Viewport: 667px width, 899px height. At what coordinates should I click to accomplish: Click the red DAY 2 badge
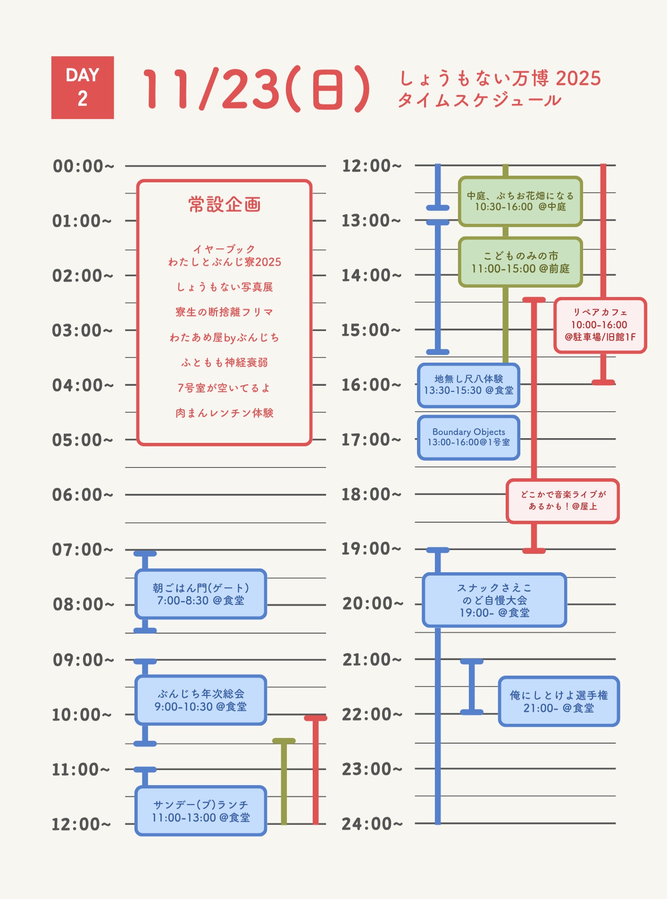pyautogui.click(x=83, y=87)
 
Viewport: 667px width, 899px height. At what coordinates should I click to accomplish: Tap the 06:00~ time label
pyautogui.click(x=83, y=495)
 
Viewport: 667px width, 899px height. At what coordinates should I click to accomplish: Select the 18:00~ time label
pyautogui.click(x=371, y=494)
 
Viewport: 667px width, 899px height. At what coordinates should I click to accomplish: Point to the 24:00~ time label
pyautogui.click(x=372, y=824)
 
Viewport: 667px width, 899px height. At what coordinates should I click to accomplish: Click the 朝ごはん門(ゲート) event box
pyautogui.click(x=200, y=594)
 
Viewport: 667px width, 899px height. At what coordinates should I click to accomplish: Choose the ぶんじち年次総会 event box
pyautogui.click(x=200, y=700)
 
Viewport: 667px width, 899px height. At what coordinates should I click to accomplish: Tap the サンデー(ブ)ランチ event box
pyautogui.click(x=200, y=811)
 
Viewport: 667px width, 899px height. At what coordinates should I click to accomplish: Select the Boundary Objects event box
pyautogui.click(x=468, y=437)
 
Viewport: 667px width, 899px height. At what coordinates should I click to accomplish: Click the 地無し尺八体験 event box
pyautogui.click(x=468, y=385)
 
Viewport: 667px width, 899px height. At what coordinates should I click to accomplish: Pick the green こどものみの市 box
pyautogui.click(x=520, y=262)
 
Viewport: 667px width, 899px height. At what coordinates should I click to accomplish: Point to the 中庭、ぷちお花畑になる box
pyautogui.click(x=520, y=201)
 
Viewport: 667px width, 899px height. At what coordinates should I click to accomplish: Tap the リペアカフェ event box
pyautogui.click(x=600, y=325)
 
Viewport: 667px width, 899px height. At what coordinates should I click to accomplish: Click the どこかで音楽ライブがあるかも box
pyautogui.click(x=562, y=500)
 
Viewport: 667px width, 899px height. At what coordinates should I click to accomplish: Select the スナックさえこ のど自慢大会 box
pyautogui.click(x=494, y=600)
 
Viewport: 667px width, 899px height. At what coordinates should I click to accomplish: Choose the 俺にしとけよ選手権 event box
pyautogui.click(x=559, y=701)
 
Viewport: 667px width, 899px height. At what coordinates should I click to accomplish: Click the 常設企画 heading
pyautogui.click(x=225, y=204)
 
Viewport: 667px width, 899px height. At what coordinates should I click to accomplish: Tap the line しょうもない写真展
pyautogui.click(x=225, y=287)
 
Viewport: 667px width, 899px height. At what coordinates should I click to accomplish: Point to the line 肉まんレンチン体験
pyautogui.click(x=225, y=413)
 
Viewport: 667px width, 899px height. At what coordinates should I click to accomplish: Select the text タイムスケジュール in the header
pyautogui.click(x=479, y=101)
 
